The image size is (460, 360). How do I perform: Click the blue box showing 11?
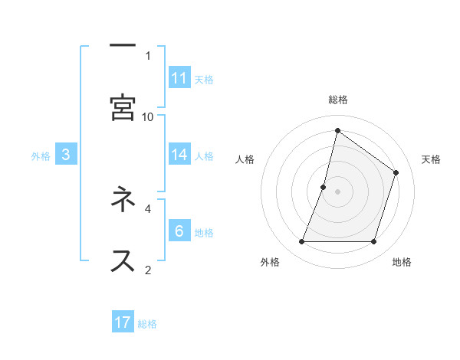(x=179, y=78)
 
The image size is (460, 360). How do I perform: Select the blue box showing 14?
(x=179, y=155)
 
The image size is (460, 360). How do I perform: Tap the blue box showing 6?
(x=179, y=231)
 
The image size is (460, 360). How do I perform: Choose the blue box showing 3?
(x=66, y=155)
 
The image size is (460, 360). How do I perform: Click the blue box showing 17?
(x=123, y=322)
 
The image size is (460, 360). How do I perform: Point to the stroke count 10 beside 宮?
(x=148, y=116)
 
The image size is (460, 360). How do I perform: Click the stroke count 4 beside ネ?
(x=148, y=208)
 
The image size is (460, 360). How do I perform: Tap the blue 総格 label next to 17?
(x=147, y=324)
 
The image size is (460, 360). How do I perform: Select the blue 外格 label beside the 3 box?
(x=41, y=156)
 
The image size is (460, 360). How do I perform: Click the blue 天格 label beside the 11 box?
(x=203, y=80)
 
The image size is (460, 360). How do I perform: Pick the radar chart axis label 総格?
(x=338, y=100)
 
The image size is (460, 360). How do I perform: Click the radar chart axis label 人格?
(x=245, y=159)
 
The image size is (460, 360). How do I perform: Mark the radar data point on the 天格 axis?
(x=396, y=172)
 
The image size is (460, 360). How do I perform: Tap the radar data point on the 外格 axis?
(x=302, y=242)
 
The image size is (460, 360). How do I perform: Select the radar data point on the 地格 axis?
(x=373, y=242)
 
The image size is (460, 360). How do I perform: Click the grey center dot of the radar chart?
(x=338, y=191)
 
